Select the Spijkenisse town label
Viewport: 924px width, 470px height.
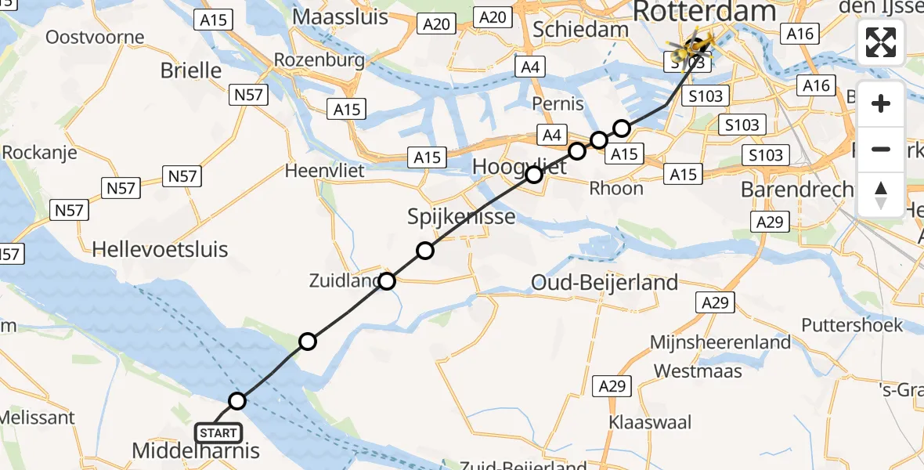(x=461, y=215)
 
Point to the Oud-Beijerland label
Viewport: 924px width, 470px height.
(x=605, y=282)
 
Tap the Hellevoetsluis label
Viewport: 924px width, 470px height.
(x=160, y=250)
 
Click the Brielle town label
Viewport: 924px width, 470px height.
(x=191, y=70)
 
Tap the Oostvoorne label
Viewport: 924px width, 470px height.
(x=95, y=37)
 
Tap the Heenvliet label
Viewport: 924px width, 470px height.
(x=325, y=170)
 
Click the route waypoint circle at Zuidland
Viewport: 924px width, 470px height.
(x=387, y=281)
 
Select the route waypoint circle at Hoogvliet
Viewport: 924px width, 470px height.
(x=534, y=175)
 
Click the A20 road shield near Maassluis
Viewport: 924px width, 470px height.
(x=436, y=23)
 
